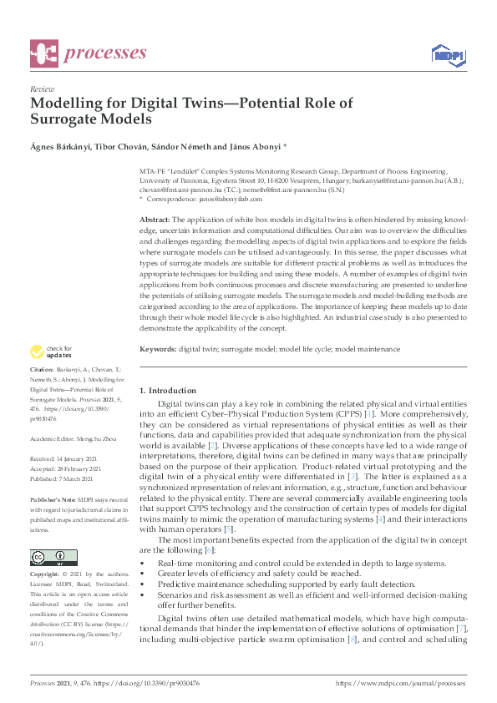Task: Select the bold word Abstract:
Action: pos(156,218)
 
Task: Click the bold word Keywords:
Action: pos(158,348)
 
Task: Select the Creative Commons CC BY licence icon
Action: pos(53,558)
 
